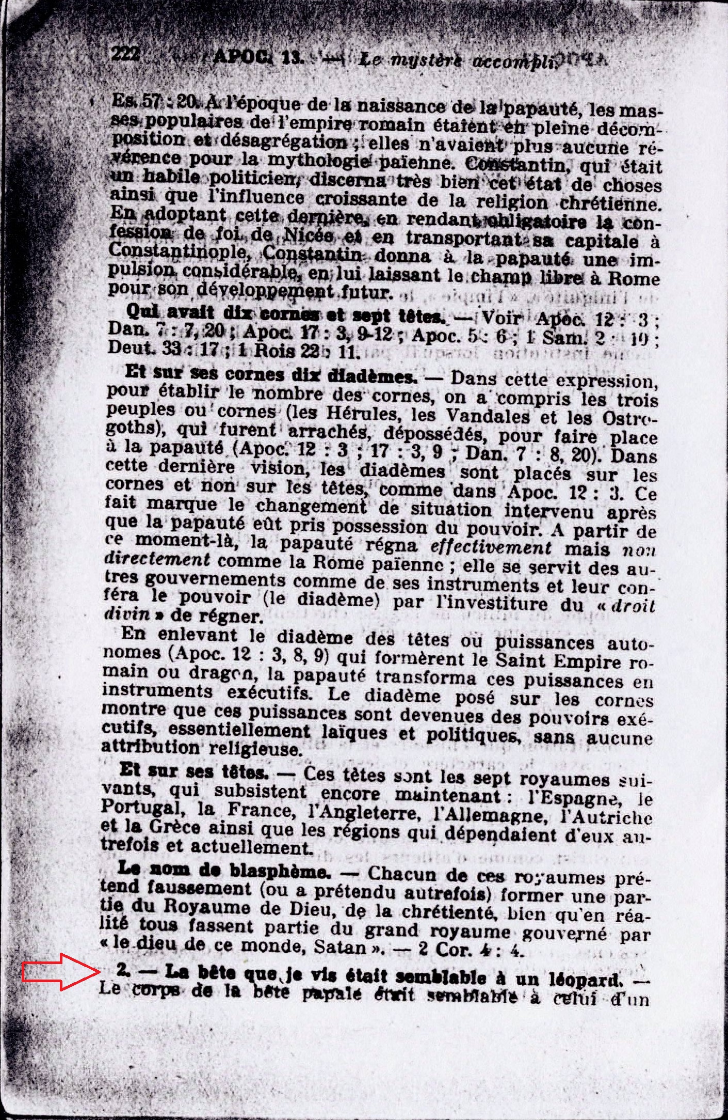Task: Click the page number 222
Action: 125,53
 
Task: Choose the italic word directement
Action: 157,560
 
